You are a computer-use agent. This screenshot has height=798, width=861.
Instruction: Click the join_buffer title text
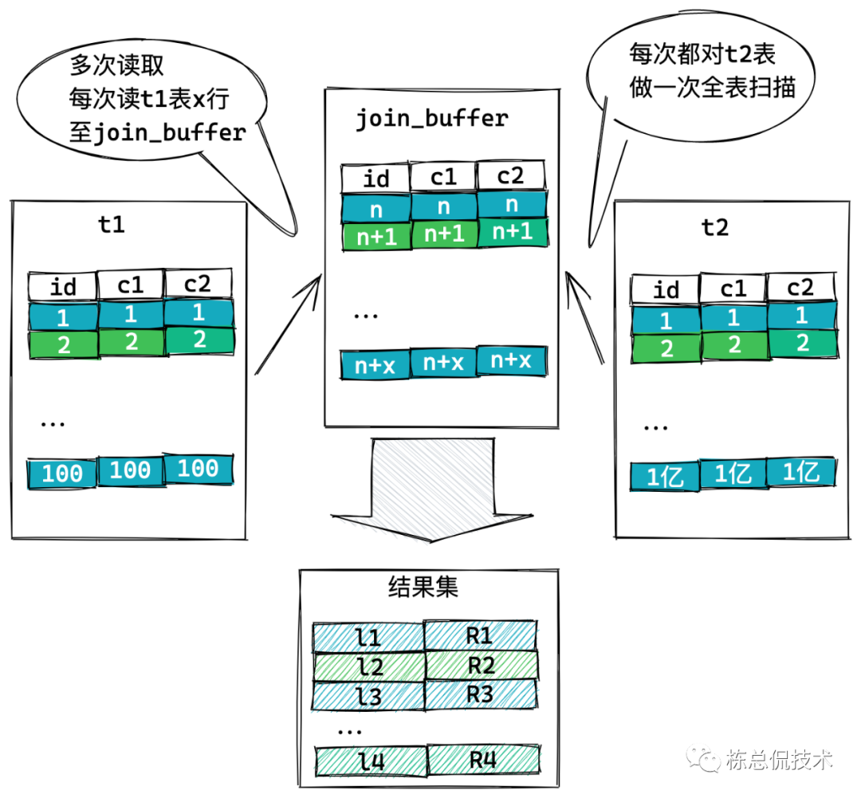(431, 119)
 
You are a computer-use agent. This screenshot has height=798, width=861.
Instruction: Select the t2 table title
(714, 227)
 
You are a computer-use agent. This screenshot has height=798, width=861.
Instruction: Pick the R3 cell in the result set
(481, 694)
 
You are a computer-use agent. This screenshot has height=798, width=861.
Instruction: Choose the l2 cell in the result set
(369, 665)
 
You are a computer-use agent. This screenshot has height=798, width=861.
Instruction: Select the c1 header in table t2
(733, 288)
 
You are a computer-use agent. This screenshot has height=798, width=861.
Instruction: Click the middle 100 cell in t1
(130, 470)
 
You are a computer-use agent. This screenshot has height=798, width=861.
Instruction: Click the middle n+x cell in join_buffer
(443, 361)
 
